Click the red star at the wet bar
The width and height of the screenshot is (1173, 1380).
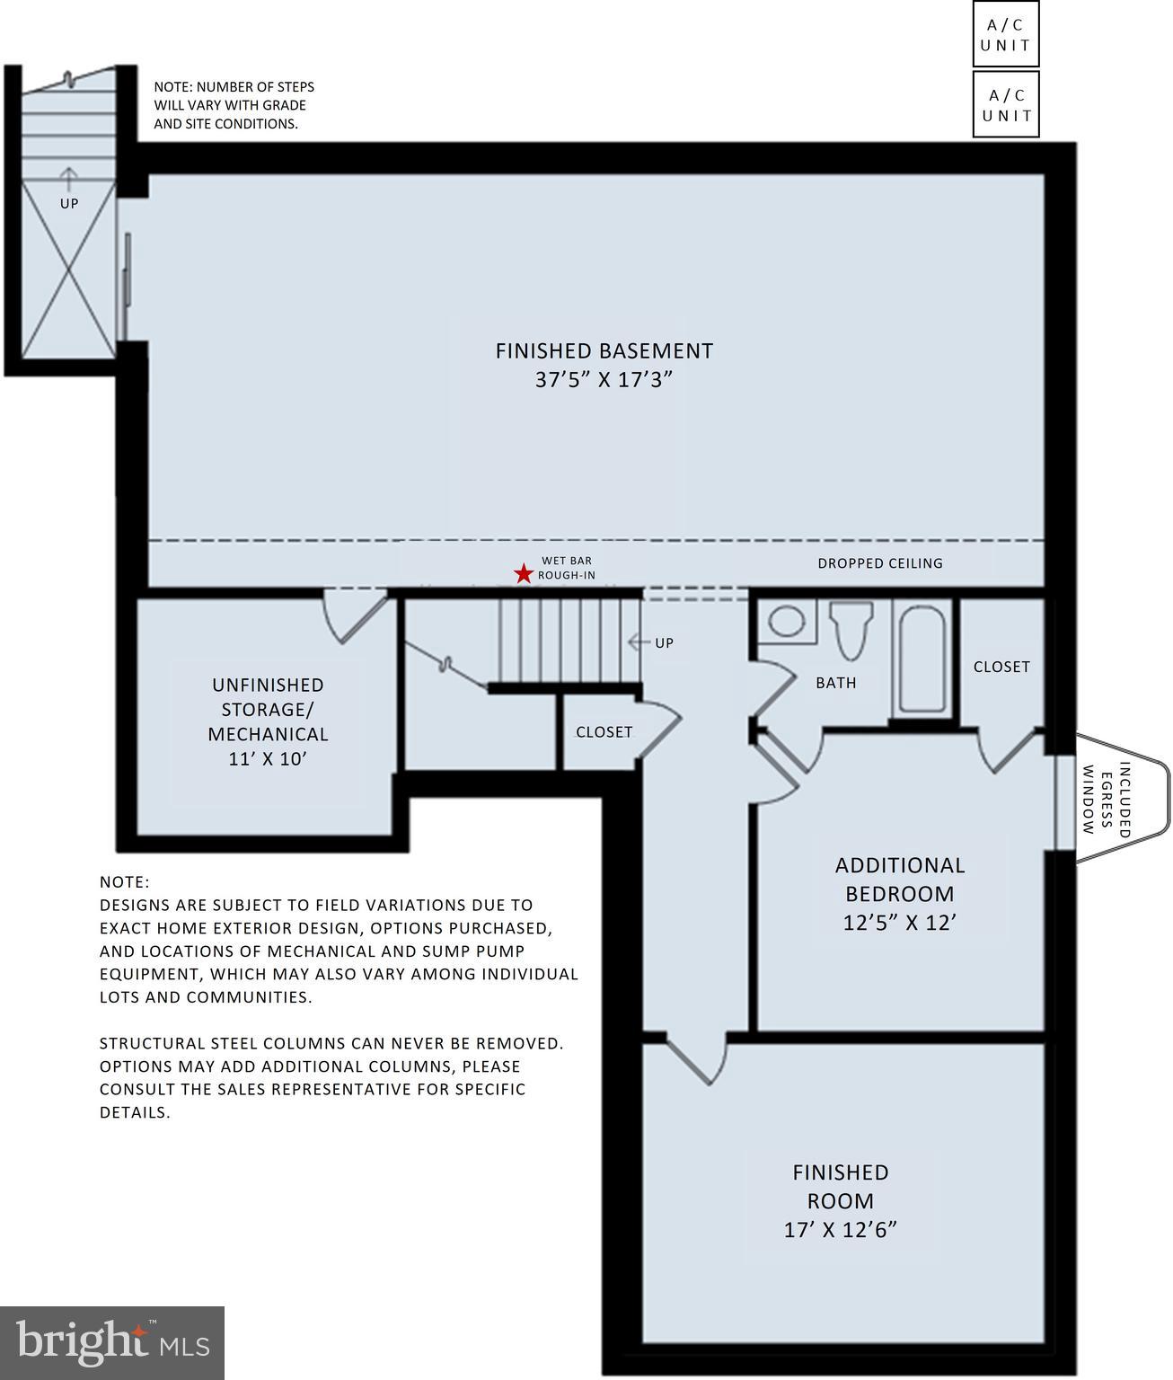[x=523, y=573]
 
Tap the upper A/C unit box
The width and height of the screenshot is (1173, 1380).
[x=1005, y=34]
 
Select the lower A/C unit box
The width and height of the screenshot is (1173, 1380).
[x=1005, y=104]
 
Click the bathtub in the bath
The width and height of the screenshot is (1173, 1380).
[x=922, y=659]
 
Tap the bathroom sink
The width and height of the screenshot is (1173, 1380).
[x=787, y=622]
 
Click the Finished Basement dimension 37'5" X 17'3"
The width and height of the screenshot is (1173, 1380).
[x=604, y=380]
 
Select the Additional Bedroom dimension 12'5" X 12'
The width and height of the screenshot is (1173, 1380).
[x=899, y=923]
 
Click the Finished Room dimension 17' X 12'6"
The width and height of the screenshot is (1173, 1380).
[x=840, y=1230]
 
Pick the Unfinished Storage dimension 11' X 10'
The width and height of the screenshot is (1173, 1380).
[x=268, y=759]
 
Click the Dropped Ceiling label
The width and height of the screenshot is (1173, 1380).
[x=879, y=563]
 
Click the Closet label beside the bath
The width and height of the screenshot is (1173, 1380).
[x=1001, y=667]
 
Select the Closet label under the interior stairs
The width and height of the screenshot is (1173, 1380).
[x=604, y=732]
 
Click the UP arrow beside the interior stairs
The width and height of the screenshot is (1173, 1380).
[x=639, y=642]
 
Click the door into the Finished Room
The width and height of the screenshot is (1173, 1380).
[x=696, y=1060]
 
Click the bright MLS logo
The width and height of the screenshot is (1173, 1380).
[x=112, y=1342]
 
